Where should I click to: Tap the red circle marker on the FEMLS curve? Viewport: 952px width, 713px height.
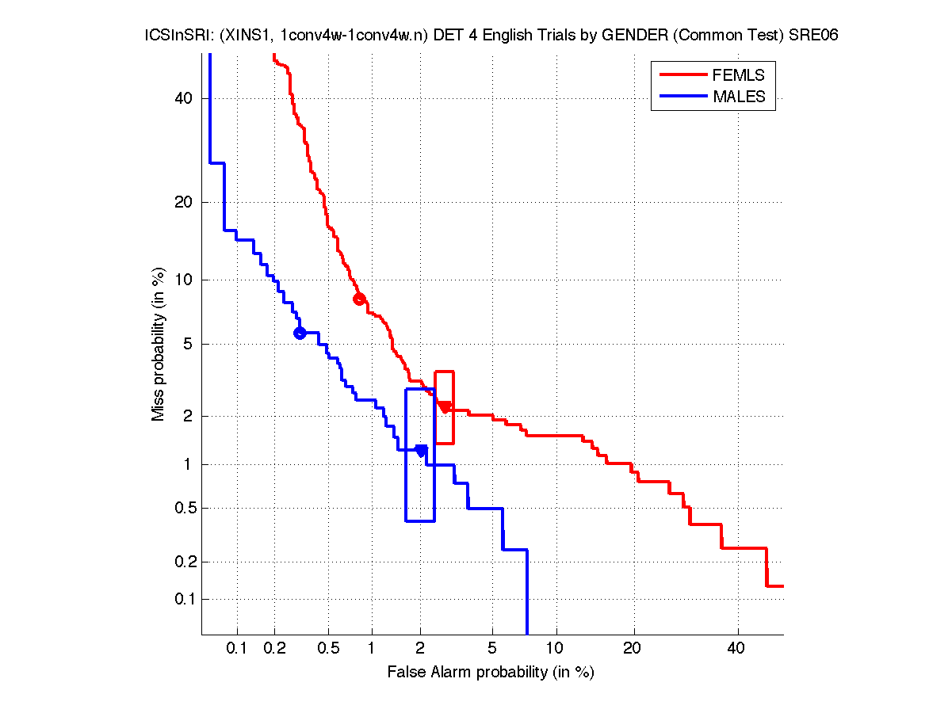coord(359,299)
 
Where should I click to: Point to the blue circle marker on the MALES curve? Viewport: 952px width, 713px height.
coord(300,333)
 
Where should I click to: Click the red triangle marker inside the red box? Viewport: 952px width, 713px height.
coord(445,407)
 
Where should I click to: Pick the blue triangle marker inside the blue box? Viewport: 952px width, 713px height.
coord(421,451)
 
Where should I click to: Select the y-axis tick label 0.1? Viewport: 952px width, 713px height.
coord(183,599)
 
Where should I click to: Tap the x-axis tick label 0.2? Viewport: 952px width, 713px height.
coord(275,650)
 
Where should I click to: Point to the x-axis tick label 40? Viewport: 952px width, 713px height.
coord(737,650)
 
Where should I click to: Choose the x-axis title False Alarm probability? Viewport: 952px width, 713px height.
coord(491,673)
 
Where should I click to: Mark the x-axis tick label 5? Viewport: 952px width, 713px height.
coord(492,650)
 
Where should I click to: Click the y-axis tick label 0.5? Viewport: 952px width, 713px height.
coord(183,508)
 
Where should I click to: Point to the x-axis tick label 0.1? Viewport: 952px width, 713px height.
coord(237,650)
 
